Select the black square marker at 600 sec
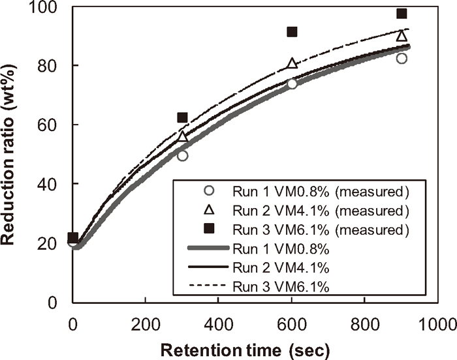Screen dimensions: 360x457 coord(292,32)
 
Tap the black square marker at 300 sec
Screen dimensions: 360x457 coord(183,117)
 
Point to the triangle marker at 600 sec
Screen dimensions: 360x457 coord(292,63)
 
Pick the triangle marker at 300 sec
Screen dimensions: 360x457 coord(183,136)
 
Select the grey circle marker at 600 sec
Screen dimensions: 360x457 coord(292,83)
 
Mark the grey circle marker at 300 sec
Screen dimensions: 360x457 coord(183,156)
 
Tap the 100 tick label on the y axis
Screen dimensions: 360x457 coord(50,8)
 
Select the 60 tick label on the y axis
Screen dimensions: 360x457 coord(54,125)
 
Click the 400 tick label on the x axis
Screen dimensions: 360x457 coord(218,322)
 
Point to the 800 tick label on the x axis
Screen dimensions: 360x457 coord(365,322)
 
